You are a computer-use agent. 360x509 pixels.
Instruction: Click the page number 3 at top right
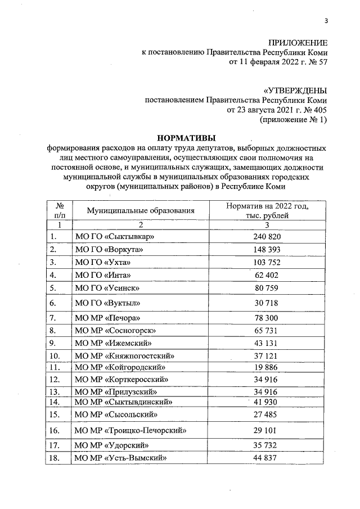coord(326,21)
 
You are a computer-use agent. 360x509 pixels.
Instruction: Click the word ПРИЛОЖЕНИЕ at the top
coord(296,43)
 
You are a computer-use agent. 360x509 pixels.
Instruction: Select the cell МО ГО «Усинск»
coord(107,288)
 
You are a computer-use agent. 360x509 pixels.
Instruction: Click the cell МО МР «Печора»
coord(107,318)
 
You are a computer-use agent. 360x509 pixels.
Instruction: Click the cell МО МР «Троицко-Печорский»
coord(130,431)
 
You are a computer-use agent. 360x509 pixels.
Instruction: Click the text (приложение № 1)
coord(292,119)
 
